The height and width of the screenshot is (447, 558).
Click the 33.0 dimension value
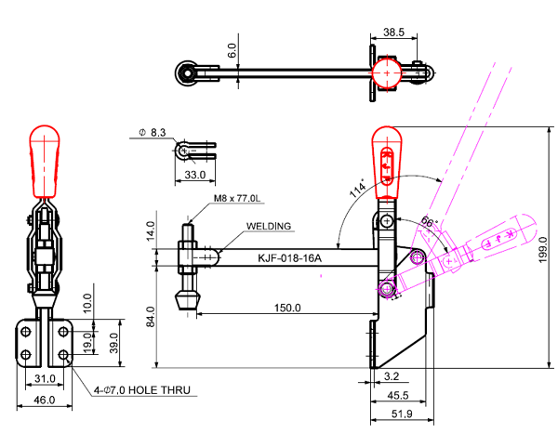point(195,174)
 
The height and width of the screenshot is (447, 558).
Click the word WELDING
point(269,226)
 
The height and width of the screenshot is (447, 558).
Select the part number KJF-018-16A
point(289,258)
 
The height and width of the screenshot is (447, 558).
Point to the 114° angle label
point(357,190)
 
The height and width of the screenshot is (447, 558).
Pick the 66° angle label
point(429,223)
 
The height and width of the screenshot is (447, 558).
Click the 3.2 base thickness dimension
point(392,376)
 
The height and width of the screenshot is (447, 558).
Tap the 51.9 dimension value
point(401,413)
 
